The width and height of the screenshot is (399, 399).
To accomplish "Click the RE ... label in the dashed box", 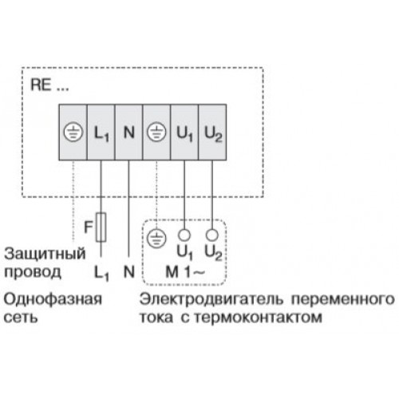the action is coord(49,85).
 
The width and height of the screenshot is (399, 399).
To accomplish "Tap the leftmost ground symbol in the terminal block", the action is coord(73,132).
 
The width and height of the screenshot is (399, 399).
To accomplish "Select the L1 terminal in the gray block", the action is coord(101,133).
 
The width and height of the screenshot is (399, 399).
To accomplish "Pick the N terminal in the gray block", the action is coord(129,132).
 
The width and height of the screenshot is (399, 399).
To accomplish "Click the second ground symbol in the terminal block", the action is coord(156,132).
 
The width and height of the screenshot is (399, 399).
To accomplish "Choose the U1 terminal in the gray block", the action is coord(184,133).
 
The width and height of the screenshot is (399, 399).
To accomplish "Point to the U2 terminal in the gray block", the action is coord(213,133).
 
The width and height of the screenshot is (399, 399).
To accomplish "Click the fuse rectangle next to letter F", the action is coord(101,227).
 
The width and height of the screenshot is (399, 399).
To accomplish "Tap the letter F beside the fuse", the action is coord(88,227).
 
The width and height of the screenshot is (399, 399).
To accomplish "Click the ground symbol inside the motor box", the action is coord(156,238).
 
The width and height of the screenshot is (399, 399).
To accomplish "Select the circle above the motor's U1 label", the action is coord(184,235).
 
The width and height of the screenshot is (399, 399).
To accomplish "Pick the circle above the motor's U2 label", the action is coord(212,235).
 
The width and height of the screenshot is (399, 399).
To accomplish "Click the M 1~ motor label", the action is coord(185,271).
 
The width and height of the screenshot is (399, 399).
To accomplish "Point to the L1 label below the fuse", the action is coord(101,273).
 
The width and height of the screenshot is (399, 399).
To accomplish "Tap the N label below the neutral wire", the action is coord(129,271).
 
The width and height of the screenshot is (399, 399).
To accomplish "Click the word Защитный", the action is coord(45,254).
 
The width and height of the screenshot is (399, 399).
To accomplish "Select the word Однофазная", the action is coord(53,299).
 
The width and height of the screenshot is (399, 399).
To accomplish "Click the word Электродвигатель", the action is coord(211,299).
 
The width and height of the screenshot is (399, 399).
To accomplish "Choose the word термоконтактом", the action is coord(258,318).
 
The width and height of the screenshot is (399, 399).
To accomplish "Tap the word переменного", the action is coord(343,299).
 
